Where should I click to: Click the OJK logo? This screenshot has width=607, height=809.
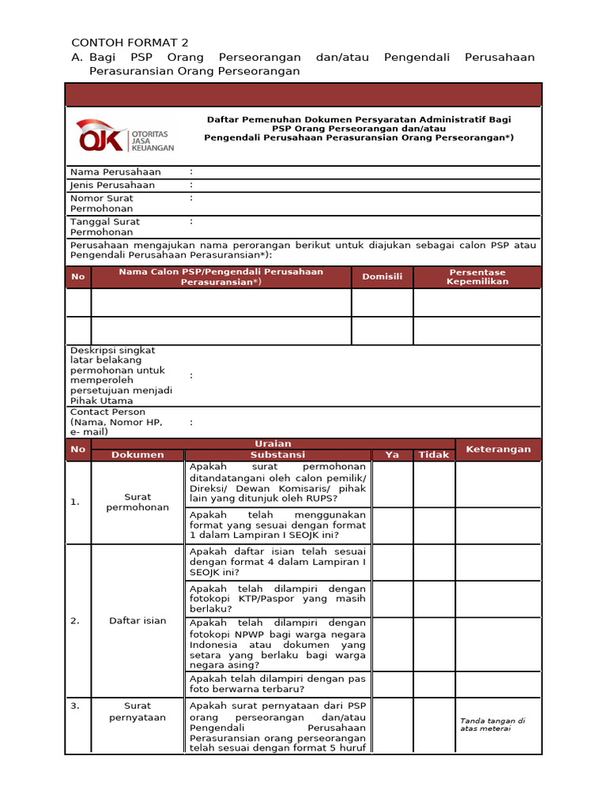[125, 135]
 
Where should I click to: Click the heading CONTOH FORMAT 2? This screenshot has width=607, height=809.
[130, 43]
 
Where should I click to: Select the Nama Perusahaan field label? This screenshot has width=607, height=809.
[115, 172]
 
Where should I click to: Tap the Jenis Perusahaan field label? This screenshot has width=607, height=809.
[112, 186]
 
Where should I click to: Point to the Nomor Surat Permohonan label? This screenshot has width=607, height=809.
[102, 204]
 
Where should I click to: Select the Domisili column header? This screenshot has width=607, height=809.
[383, 277]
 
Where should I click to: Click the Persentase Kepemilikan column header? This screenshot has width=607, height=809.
[477, 277]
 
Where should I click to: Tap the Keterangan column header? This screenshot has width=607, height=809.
[498, 450]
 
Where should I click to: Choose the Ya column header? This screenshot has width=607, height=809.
[392, 455]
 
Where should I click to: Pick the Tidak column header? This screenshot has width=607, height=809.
[433, 455]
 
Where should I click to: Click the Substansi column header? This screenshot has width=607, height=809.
[277, 455]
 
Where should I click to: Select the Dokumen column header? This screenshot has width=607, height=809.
[138, 455]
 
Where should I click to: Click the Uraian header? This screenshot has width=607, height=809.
[273, 444]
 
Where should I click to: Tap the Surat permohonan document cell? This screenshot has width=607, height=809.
[138, 502]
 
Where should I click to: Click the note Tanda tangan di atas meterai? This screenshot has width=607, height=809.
[492, 724]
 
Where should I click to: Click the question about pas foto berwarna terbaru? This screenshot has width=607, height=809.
[277, 683]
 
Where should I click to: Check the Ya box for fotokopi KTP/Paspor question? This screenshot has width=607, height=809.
[392, 599]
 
